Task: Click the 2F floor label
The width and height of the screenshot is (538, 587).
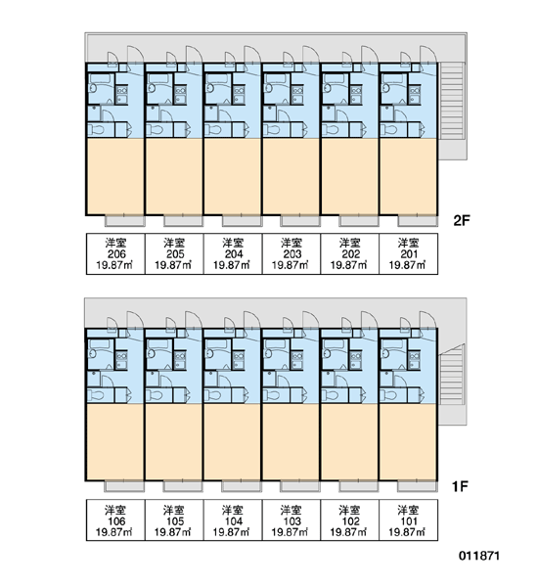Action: click(462, 220)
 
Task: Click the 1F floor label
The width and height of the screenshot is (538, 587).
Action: click(460, 486)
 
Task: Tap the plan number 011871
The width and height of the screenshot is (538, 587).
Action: click(479, 556)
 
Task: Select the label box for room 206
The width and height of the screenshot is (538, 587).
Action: click(115, 253)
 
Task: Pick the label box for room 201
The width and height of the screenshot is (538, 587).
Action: click(409, 253)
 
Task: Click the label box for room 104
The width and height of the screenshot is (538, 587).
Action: click(233, 520)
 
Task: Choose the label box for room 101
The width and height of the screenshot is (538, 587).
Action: click(409, 520)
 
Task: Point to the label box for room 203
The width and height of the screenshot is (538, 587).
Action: click(291, 253)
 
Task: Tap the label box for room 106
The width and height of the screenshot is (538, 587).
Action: click(115, 520)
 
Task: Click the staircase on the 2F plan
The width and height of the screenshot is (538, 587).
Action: click(452, 101)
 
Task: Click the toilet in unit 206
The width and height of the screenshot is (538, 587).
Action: click(97, 130)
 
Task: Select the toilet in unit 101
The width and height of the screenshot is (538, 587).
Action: click(389, 395)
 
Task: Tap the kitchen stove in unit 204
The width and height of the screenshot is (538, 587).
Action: click(239, 90)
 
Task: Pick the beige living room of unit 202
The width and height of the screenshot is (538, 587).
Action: click(349, 176)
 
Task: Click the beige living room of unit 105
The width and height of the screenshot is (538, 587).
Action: click(174, 442)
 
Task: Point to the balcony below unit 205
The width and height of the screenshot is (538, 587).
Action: click(184, 221)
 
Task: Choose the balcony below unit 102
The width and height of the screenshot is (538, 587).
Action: click(359, 486)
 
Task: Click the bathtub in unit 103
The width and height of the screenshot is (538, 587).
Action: click(277, 343)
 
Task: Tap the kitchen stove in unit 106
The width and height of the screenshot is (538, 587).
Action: click(121, 356)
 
